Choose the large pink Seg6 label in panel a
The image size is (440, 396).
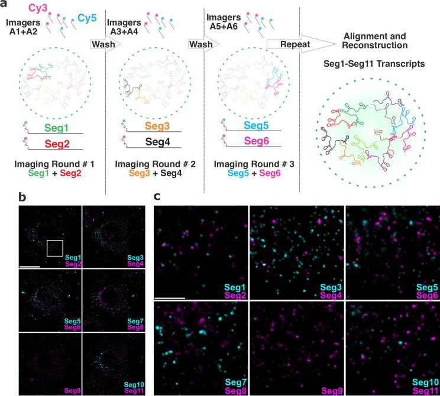tap(251, 142)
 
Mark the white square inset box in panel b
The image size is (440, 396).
tap(54, 248)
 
